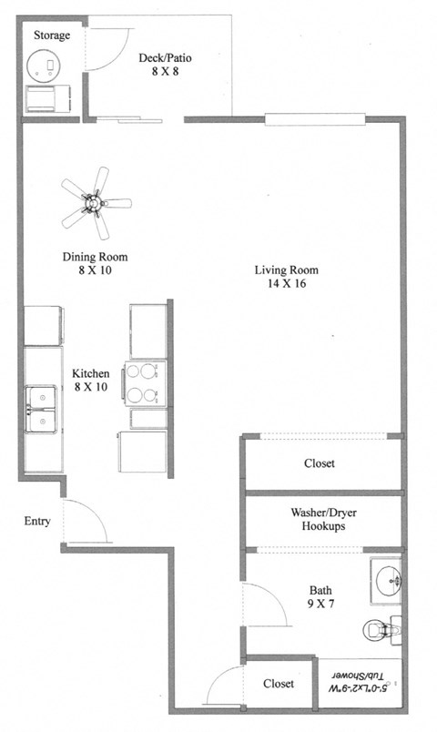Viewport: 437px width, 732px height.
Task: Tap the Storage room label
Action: click(x=52, y=36)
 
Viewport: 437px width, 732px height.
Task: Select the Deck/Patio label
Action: click(x=164, y=58)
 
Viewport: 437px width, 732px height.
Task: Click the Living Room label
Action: click(x=284, y=269)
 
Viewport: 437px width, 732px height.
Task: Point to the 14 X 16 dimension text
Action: click(x=284, y=284)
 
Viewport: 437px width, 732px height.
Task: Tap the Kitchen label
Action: click(x=91, y=373)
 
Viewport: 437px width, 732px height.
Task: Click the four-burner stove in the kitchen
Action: click(x=146, y=382)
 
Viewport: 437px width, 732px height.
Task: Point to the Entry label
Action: click(x=36, y=522)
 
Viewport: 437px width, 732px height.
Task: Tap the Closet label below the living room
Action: click(x=319, y=463)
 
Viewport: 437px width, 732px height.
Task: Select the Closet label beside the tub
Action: click(x=279, y=684)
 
